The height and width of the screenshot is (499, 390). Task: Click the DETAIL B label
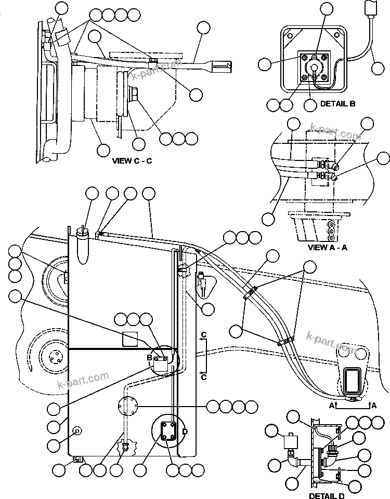pyautogui.click(x=337, y=104)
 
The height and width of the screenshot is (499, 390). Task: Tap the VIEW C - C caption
pyautogui.click(x=132, y=160)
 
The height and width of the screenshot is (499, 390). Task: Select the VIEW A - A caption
pyautogui.click(x=327, y=247)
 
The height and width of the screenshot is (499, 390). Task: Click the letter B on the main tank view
pyautogui.click(x=149, y=358)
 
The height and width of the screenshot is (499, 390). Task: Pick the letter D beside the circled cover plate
pyautogui.click(x=186, y=431)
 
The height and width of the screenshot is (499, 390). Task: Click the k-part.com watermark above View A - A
pyautogui.click(x=335, y=132)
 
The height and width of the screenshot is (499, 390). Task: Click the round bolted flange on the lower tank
pyautogui.click(x=128, y=405)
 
